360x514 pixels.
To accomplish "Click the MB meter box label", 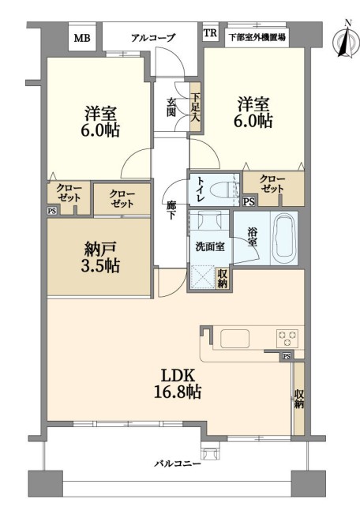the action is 82,39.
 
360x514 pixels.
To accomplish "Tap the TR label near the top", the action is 210,33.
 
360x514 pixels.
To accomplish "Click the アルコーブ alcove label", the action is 153,38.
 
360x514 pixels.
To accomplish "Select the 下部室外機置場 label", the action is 257,37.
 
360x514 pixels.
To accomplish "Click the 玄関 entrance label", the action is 171,107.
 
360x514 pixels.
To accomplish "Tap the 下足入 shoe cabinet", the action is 196,108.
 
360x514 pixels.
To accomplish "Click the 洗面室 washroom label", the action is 210,246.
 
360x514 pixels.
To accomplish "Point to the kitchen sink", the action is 234,338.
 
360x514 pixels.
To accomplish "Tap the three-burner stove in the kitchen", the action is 287,338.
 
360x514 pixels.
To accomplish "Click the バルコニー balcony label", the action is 178,463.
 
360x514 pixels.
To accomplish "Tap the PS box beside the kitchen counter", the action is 287,356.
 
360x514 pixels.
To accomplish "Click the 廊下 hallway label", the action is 171,210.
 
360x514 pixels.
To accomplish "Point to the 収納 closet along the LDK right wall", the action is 298,399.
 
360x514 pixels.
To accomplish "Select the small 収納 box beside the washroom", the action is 223,279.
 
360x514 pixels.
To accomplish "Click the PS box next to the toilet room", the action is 249,201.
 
